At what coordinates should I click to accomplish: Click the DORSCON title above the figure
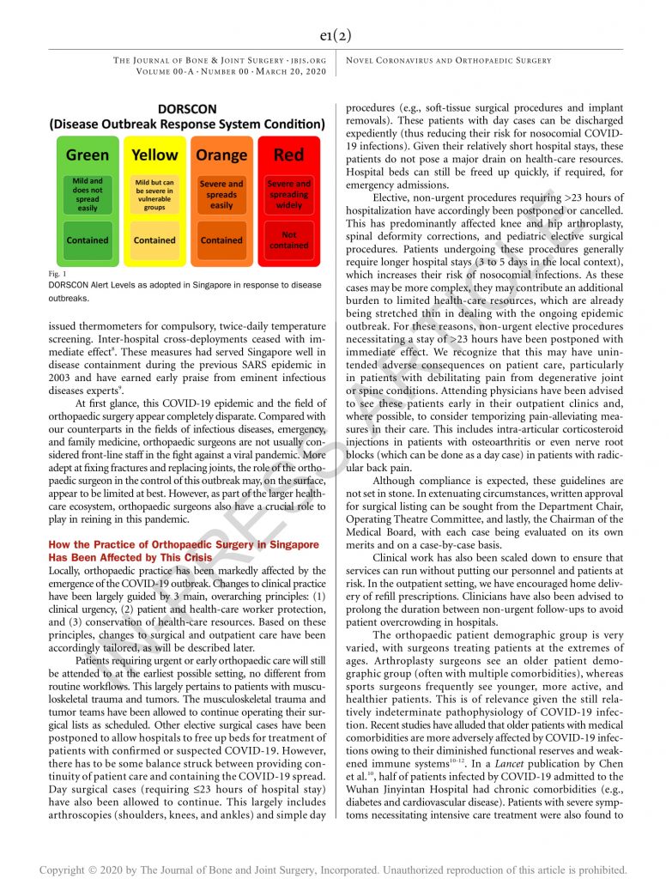(187, 109)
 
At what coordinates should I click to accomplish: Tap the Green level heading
(88, 155)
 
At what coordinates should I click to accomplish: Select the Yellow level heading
(154, 155)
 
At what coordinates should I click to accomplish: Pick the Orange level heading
(221, 155)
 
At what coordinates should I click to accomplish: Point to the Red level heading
(288, 155)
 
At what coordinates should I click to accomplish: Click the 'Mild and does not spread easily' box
(88, 194)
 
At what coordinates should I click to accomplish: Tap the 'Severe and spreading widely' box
(288, 194)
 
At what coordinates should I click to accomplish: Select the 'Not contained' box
(288, 239)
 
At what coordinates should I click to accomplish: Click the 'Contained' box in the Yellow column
(154, 240)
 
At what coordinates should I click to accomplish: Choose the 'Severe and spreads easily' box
(221, 194)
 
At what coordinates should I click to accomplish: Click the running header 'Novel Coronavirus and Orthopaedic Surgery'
(448, 61)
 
